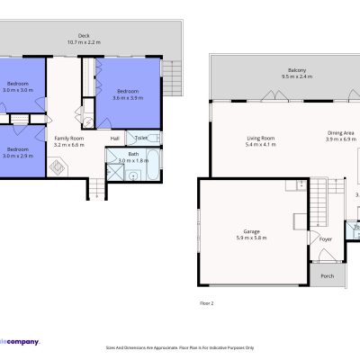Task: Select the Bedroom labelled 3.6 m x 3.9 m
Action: pos(128,94)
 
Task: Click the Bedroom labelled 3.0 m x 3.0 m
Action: pos(18,86)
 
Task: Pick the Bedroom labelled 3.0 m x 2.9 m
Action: pos(18,152)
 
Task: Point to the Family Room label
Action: pos(68,139)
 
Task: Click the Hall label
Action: pos(115,139)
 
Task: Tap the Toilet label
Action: pos(141,139)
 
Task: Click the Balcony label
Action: pos(272,70)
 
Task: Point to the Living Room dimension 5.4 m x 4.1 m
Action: pos(261,145)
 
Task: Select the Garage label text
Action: pos(251,231)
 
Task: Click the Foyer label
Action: pos(325,238)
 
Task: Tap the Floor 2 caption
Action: pos(206,303)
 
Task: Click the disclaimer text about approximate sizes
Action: pos(180,346)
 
